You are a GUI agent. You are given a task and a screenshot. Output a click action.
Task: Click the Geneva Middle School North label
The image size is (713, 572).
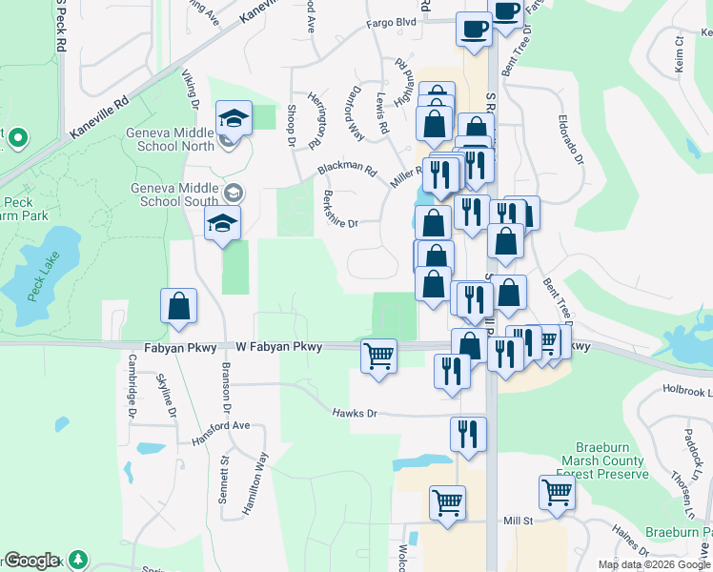(170, 139)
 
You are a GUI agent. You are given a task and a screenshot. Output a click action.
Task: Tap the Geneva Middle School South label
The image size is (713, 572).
(177, 194)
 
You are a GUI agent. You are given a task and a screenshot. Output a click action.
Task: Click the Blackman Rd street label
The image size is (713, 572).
(347, 169)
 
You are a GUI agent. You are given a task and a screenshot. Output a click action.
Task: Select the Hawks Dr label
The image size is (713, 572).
(355, 413)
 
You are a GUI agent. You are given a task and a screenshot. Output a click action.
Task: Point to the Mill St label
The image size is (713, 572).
(518, 521)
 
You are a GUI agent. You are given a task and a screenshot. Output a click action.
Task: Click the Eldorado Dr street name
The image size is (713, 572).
(571, 140)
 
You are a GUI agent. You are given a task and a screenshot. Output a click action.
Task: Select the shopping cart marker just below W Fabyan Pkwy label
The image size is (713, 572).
(378, 357)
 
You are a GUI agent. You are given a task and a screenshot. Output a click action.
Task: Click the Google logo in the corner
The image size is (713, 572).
(31, 561)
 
